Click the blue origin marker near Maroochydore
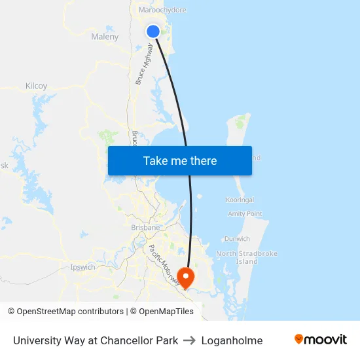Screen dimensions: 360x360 [153, 31]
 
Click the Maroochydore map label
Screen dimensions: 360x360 [162, 10]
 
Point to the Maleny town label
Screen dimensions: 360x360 [105, 37]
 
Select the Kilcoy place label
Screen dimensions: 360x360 [36, 86]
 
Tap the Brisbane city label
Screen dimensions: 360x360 [145, 227]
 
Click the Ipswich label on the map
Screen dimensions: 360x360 [82, 267]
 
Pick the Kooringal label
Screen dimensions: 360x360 [239, 200]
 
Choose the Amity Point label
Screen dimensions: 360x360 [245, 213]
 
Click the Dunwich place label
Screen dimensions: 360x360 [236, 239]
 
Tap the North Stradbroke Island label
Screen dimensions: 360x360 [247, 257]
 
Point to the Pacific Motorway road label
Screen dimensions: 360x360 [163, 264]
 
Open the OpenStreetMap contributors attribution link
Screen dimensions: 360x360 [70, 312]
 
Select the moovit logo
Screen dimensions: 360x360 [320, 340]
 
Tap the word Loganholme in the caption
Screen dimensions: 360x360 [232, 340]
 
